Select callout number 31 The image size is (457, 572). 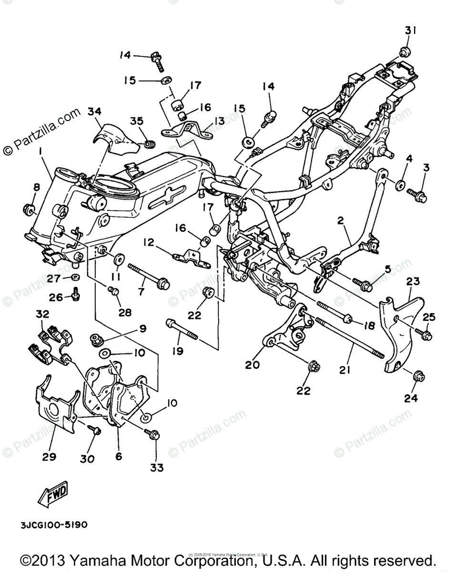coord(411,30)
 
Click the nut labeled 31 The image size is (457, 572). coord(405,52)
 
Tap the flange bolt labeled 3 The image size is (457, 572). coord(418,194)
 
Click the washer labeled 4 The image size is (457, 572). coord(399,184)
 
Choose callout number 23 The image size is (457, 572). coord(413,281)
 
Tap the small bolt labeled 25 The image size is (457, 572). coord(423,333)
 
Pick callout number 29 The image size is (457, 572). coord(49,457)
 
